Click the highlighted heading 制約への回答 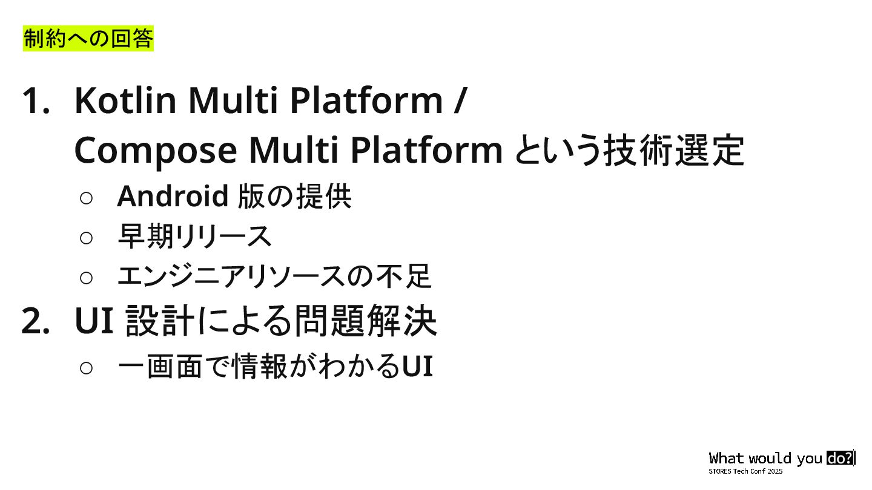tap(88, 39)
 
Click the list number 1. tap(36, 100)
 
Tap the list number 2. tap(36, 321)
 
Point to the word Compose tap(155, 150)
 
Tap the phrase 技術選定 tap(673, 150)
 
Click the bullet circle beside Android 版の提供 tap(86, 197)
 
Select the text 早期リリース tap(194, 237)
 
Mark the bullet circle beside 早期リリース tap(86, 238)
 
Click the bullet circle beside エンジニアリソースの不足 tap(86, 278)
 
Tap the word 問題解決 tap(365, 321)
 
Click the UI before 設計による tap(94, 321)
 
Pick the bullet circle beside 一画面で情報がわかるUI tap(86, 368)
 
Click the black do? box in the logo tap(839, 458)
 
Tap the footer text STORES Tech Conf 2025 tap(745, 471)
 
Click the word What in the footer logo tap(726, 458)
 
